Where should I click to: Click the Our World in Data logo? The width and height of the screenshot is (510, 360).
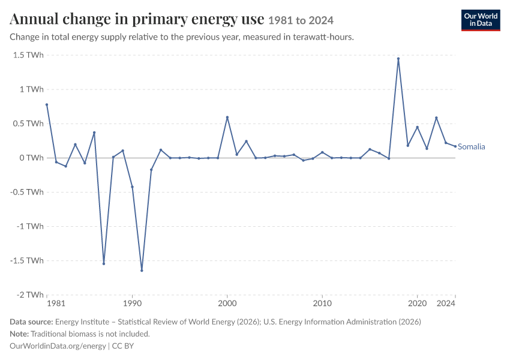481,20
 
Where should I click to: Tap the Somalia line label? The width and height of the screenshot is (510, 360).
471,146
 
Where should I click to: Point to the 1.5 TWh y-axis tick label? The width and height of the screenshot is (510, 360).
28,55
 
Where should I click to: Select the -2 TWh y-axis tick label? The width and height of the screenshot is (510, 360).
30,295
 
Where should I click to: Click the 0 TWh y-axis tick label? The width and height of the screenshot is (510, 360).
31,158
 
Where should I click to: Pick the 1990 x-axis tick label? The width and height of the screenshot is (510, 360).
132,304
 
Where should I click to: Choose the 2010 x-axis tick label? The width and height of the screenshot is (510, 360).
322,304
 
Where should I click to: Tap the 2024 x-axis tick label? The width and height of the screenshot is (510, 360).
446,304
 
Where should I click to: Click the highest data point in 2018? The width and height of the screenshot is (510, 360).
398,59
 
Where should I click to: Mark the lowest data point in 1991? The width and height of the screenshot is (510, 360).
142,270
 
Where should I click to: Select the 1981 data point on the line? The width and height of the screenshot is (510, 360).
47,105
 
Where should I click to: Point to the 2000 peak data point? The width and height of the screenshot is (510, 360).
227,118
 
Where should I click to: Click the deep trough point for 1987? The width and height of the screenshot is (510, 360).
104,263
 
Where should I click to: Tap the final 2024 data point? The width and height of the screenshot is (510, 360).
455,146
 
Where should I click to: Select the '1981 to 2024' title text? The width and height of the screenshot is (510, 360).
301,20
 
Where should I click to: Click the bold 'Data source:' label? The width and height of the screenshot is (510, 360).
31,322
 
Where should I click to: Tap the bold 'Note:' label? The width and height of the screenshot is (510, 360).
19,334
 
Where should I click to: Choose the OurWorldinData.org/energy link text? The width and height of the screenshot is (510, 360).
58,346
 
